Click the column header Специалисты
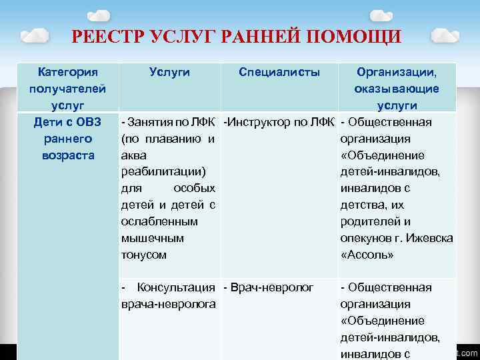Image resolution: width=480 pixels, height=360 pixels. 279,71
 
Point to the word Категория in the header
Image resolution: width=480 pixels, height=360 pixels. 67,71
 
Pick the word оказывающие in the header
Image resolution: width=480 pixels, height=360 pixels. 397,89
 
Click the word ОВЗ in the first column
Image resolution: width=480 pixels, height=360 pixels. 86,122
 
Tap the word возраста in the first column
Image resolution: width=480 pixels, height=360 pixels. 67,155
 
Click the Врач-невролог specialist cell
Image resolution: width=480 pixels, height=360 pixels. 271,287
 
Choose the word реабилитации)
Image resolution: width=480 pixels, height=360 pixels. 163,172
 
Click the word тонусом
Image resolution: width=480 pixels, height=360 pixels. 144,255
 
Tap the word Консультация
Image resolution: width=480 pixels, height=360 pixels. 176,287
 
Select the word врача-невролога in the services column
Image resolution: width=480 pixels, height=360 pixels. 168,304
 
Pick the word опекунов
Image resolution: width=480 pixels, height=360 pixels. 367,238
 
